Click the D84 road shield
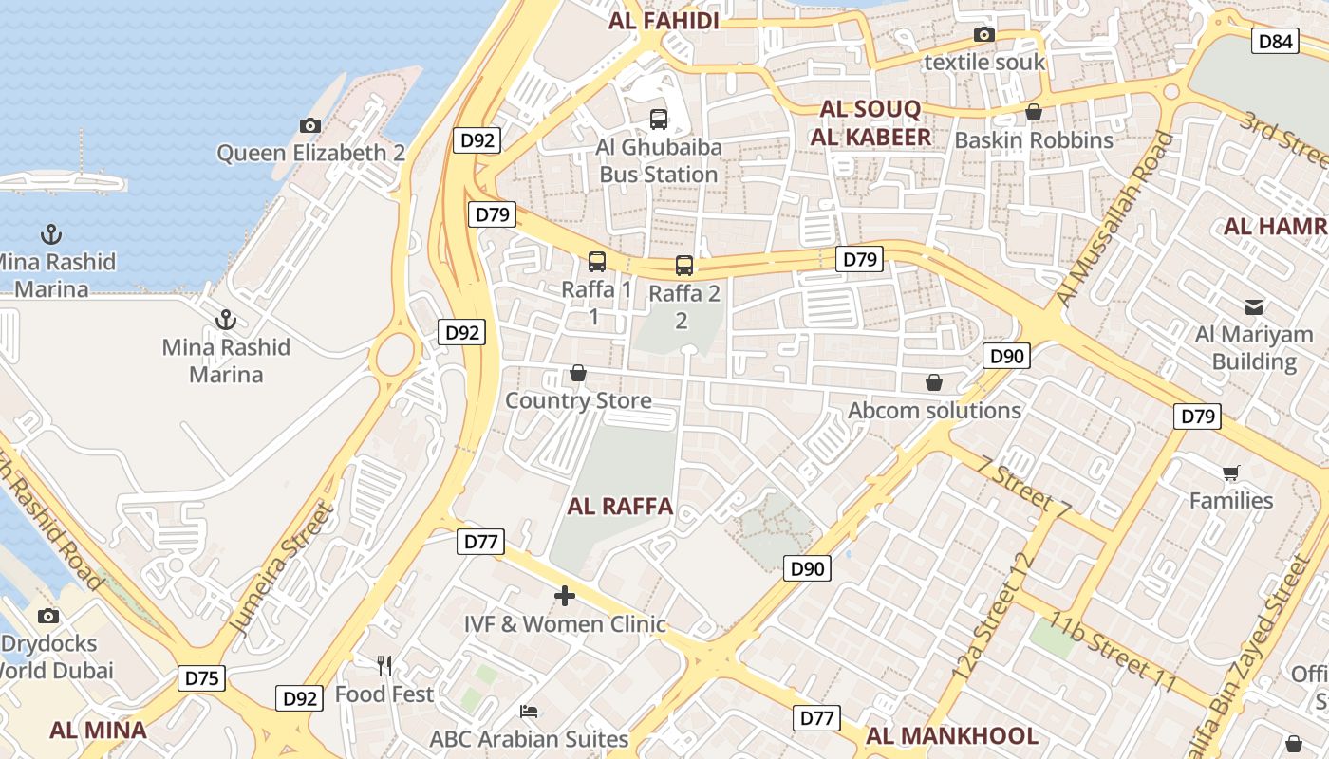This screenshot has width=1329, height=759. [x=1276, y=41]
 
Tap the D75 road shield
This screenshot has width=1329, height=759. [x=201, y=678]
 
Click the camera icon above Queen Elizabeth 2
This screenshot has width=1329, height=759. [x=309, y=125]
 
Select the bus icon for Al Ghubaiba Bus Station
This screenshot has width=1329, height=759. [x=658, y=119]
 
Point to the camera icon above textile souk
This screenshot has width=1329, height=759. [x=984, y=35]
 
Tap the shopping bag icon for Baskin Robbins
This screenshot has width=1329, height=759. [x=1034, y=112]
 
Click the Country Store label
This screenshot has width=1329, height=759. [x=578, y=400]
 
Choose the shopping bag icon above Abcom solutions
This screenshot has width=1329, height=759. [x=934, y=382]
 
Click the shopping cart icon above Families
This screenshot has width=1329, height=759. [x=1231, y=472]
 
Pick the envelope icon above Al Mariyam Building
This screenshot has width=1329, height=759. [x=1254, y=306]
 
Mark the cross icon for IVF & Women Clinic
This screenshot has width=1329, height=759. [x=565, y=596]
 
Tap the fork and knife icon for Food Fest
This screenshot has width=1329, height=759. [x=384, y=665]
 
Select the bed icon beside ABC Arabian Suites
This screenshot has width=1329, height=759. [x=529, y=711]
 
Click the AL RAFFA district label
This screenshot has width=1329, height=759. [x=620, y=507]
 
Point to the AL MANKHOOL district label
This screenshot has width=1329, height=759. [x=951, y=736]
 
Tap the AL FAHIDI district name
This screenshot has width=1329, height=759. [x=664, y=21]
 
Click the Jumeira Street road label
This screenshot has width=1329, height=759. [x=284, y=569]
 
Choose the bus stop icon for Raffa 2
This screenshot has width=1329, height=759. [x=684, y=266]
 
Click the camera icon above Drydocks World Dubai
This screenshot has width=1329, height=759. [x=48, y=616]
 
